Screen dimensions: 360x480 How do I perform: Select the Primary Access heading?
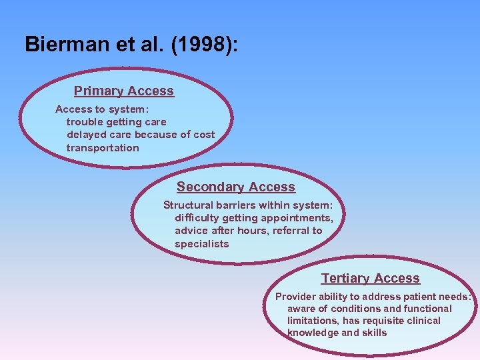[124, 91]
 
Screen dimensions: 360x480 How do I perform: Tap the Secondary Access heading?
[235, 187]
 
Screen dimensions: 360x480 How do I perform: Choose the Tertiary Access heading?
[370, 279]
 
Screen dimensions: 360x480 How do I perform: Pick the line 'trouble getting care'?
[116, 122]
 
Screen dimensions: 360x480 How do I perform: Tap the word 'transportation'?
[103, 148]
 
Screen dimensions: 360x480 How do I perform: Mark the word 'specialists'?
[201, 244]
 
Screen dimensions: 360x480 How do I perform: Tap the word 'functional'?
[427, 309]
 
